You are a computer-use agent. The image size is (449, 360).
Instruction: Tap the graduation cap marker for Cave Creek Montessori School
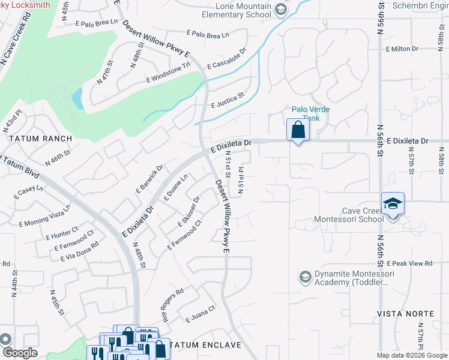[393, 204]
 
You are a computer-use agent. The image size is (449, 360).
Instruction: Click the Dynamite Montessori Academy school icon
[305, 277]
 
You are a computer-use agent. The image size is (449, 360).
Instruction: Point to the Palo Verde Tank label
[312, 114]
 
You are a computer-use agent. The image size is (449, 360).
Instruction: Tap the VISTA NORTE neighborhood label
[405, 314]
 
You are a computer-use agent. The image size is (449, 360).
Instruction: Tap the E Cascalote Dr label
[227, 58]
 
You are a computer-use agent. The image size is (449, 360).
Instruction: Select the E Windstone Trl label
[168, 73]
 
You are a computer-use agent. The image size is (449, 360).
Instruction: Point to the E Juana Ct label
[200, 313]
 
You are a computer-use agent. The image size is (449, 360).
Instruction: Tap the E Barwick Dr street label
[149, 179]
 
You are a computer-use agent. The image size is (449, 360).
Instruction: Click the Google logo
[20, 353]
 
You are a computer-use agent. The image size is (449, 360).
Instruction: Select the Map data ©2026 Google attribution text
[412, 355]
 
